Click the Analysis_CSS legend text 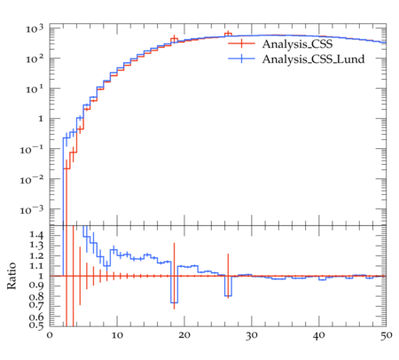click(x=297, y=44)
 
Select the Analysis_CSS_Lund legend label click(x=313, y=59)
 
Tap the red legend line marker click(x=241, y=43)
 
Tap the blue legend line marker click(x=241, y=59)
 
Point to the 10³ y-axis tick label click(x=35, y=29)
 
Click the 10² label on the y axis click(x=35, y=59)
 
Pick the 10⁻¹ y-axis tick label click(x=32, y=149)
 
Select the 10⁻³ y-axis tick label click(x=32, y=209)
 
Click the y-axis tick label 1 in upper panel click(x=41, y=119)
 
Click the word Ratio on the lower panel click(x=12, y=276)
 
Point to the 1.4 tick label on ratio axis click(x=36, y=235)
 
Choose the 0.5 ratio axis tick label click(x=36, y=325)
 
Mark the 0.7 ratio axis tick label click(x=36, y=305)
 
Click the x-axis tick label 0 click(x=50, y=335)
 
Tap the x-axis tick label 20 click(x=184, y=335)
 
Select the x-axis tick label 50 click(x=387, y=335)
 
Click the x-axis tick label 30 click(x=252, y=335)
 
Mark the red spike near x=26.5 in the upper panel click(x=228, y=34)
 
